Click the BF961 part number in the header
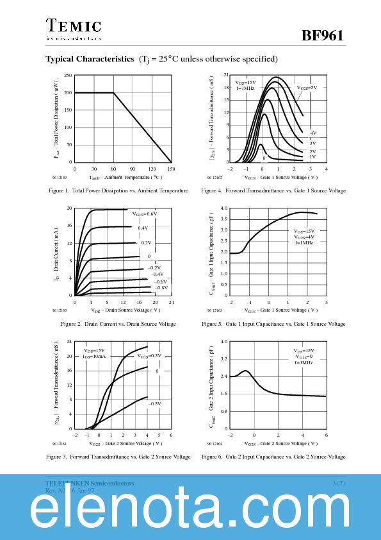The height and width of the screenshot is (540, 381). click(323, 35)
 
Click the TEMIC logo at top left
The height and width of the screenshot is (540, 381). click(73, 26)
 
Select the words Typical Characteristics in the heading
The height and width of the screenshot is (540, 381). click(90, 59)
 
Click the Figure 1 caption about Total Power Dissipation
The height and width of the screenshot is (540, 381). click(118, 190)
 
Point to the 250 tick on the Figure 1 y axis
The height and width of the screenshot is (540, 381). click(67, 75)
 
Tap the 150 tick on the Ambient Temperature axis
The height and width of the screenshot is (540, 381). click(171, 169)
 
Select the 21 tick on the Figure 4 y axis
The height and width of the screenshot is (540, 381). click(226, 75)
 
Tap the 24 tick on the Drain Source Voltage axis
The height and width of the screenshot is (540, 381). click(171, 302)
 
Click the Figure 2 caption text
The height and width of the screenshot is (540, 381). click(118, 324)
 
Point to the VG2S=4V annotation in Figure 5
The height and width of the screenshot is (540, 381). click(304, 237)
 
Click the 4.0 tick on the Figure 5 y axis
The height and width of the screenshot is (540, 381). click(224, 208)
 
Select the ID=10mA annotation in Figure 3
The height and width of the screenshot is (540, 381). click(94, 356)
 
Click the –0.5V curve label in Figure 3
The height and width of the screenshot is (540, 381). click(154, 403)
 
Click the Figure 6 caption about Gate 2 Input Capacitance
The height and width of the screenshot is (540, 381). click(273, 457)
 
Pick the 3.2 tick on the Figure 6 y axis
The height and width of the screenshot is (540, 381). click(224, 359)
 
